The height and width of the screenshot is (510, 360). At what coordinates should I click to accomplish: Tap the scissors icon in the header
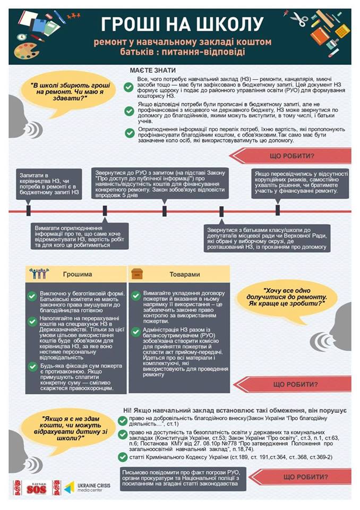[x=300, y=20]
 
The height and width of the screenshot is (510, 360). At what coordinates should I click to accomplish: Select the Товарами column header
[x=185, y=275]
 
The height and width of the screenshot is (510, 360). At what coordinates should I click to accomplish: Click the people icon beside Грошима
[x=39, y=274]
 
